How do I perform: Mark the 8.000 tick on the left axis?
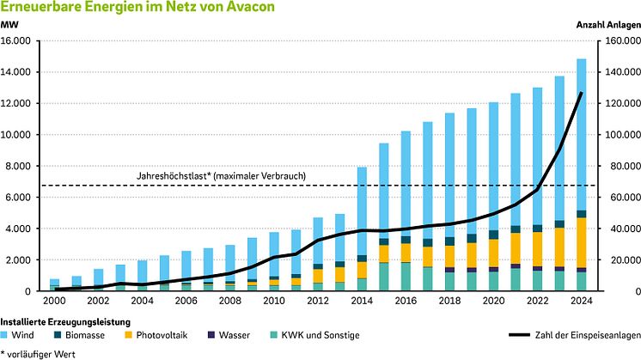coord(20,166)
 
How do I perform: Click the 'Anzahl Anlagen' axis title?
coord(608,25)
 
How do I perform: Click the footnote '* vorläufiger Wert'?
coord(40,352)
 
